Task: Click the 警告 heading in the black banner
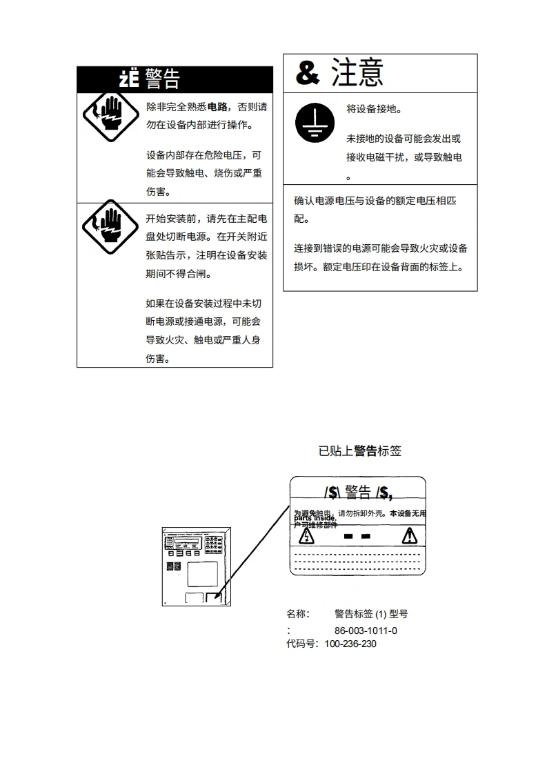point(163,79)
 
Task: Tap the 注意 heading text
point(357,72)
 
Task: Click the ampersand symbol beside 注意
point(308,72)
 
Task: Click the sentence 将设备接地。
point(374,109)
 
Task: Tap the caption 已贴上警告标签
point(359,451)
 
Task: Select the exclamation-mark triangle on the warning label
point(410,535)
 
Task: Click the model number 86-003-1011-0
point(366,631)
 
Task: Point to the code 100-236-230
point(350,644)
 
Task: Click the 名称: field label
point(298,613)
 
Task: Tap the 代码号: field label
point(303,644)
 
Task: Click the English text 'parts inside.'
point(315,518)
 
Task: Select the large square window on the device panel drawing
point(202,574)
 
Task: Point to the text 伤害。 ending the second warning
point(158,359)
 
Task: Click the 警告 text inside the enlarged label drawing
point(358,493)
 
